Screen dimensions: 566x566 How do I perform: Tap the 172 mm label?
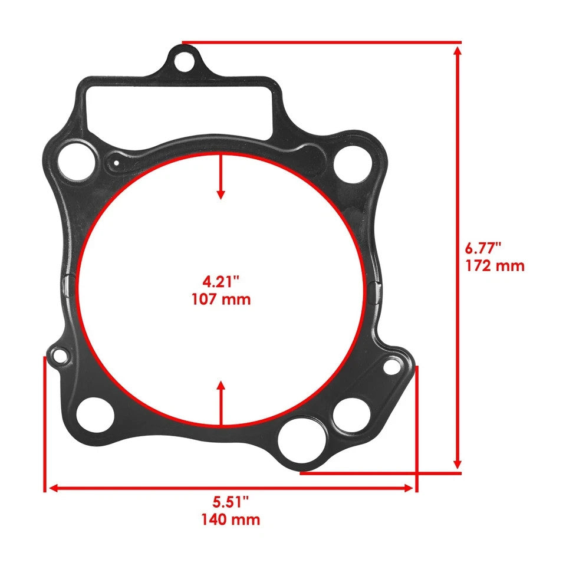click(495, 266)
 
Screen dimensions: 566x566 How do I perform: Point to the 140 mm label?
click(230, 519)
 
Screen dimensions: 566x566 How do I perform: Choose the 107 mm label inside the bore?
click(221, 299)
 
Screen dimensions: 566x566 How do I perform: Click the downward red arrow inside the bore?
click(221, 177)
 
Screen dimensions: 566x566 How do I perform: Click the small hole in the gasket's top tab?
click(183, 60)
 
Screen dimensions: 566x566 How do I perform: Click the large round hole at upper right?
click(352, 164)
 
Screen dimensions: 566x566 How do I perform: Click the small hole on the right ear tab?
click(391, 367)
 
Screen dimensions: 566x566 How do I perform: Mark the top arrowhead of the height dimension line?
click(458, 50)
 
